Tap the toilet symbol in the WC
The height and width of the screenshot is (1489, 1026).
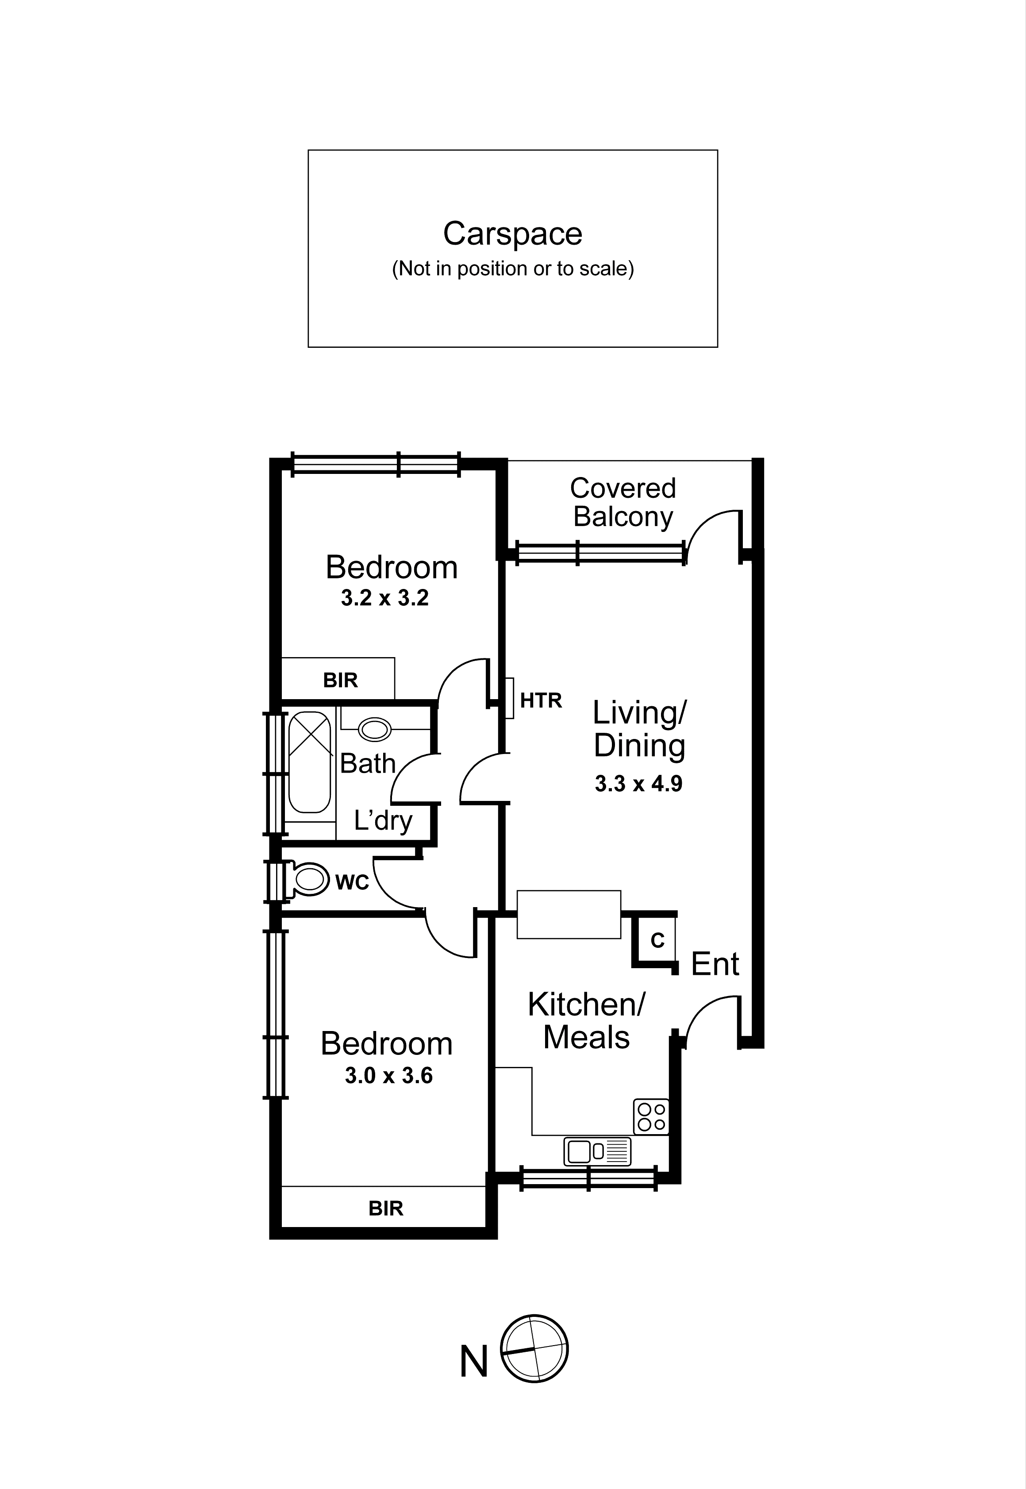(x=308, y=880)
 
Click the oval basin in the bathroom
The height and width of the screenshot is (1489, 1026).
(x=374, y=730)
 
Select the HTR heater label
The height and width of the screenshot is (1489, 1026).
(x=541, y=700)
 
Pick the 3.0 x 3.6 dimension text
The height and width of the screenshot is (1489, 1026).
(x=388, y=1076)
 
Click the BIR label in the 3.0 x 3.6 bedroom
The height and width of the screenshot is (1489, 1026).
(x=386, y=1209)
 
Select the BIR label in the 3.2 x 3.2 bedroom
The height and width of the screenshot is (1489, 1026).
(x=340, y=680)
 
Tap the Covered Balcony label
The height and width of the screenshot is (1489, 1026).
(x=623, y=502)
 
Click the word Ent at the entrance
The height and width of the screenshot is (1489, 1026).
(x=714, y=964)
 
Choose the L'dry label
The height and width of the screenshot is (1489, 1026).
(x=383, y=820)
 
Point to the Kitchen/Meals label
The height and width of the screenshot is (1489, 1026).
(x=586, y=1021)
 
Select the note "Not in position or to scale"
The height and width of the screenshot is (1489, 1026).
(x=512, y=268)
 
